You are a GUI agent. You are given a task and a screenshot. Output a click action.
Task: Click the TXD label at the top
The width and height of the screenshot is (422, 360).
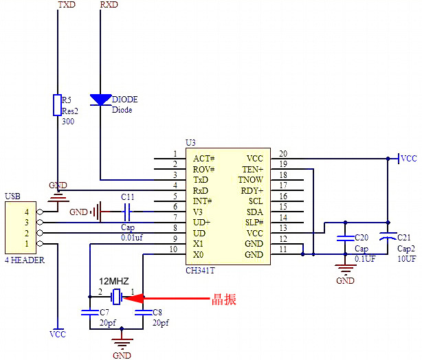click(x=67, y=5)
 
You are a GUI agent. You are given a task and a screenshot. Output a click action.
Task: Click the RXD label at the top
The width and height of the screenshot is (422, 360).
click(x=109, y=5)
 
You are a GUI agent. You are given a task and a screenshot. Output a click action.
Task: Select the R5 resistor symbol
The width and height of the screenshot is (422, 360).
click(x=58, y=106)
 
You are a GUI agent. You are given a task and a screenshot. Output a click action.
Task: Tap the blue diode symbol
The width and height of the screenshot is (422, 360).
click(x=100, y=100)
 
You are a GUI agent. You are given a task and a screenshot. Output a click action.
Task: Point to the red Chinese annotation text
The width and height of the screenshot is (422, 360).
click(x=224, y=298)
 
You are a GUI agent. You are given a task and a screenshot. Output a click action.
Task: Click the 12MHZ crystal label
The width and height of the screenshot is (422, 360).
click(x=114, y=282)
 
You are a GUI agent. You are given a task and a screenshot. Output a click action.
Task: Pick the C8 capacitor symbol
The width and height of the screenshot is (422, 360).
click(x=143, y=312)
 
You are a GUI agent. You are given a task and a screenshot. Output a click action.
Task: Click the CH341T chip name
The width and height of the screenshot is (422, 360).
click(x=200, y=271)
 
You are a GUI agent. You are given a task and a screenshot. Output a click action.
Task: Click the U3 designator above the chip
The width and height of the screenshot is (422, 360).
click(x=190, y=142)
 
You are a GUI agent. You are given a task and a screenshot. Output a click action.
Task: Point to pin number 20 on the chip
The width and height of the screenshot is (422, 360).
click(x=282, y=153)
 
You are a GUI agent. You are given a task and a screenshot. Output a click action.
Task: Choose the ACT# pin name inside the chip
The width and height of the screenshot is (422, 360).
click(x=204, y=159)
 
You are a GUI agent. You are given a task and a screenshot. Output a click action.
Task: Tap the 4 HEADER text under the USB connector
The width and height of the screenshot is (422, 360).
click(x=25, y=260)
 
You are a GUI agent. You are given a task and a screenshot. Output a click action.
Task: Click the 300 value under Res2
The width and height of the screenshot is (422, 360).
click(x=68, y=122)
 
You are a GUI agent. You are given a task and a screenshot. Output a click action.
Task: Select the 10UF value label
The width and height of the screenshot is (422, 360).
click(x=408, y=259)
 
